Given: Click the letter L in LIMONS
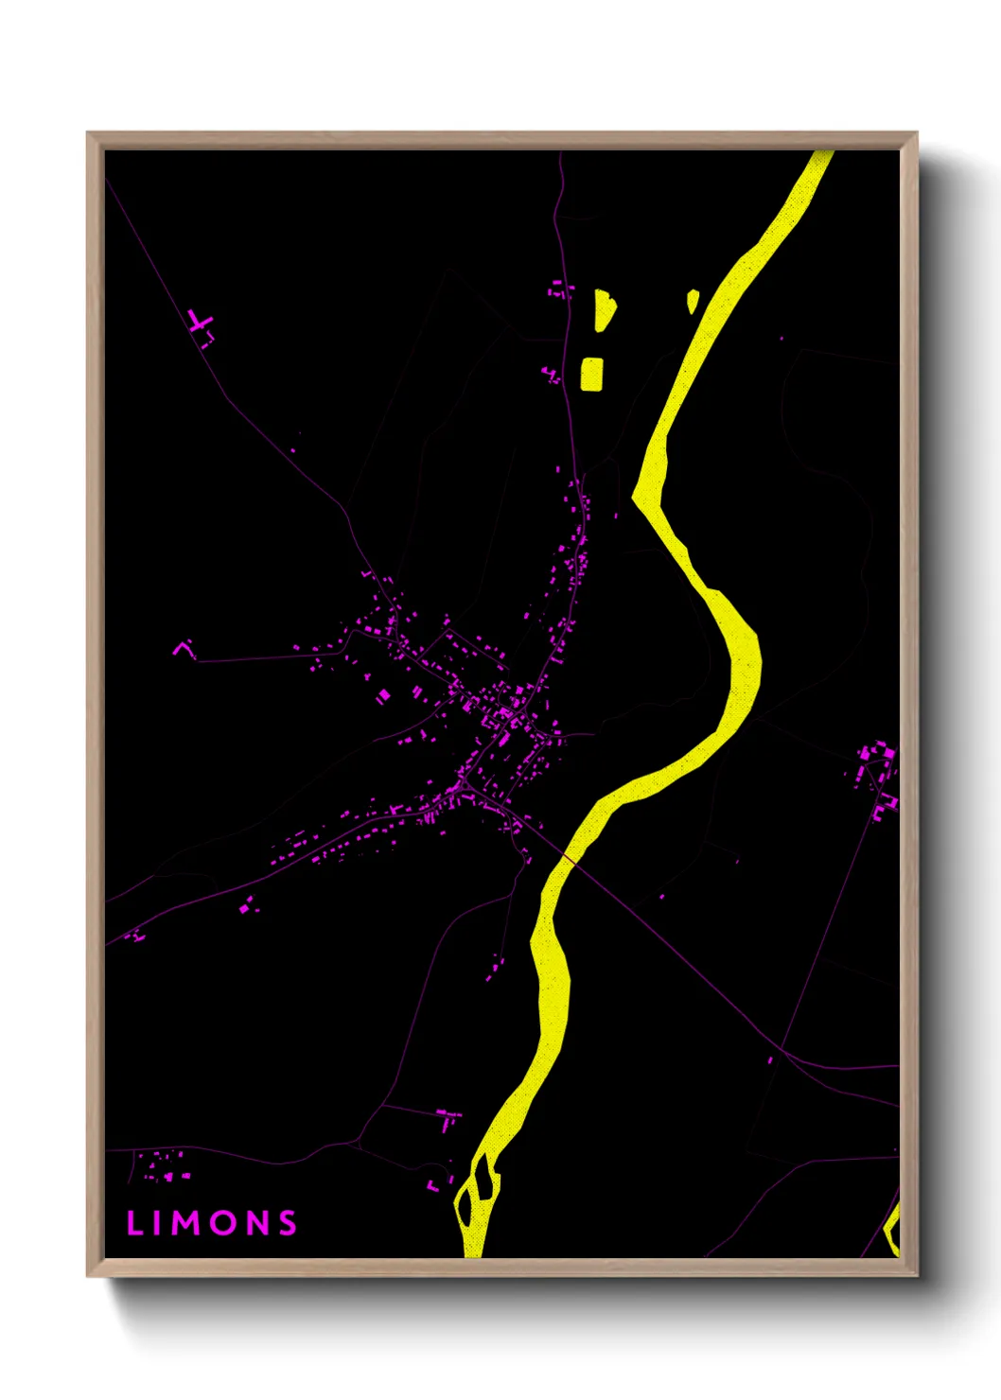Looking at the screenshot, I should click(x=133, y=1223).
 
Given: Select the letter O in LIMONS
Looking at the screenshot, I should click(x=224, y=1223).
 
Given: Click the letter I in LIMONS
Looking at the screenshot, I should click(x=156, y=1223).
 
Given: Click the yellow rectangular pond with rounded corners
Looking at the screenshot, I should click(x=591, y=374).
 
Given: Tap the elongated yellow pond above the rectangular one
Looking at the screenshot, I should click(x=604, y=310).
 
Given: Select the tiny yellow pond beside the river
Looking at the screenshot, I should click(x=693, y=301).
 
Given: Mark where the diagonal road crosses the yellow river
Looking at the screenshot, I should click(x=570, y=859).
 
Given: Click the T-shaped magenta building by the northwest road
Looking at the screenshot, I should click(x=201, y=324).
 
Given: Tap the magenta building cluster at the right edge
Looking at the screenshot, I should click(x=878, y=774).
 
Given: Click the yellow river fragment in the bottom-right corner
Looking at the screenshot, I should click(x=890, y=1230).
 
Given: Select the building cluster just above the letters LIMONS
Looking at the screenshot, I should click(x=164, y=1165).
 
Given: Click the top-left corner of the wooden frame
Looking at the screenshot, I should click(x=88, y=133).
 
